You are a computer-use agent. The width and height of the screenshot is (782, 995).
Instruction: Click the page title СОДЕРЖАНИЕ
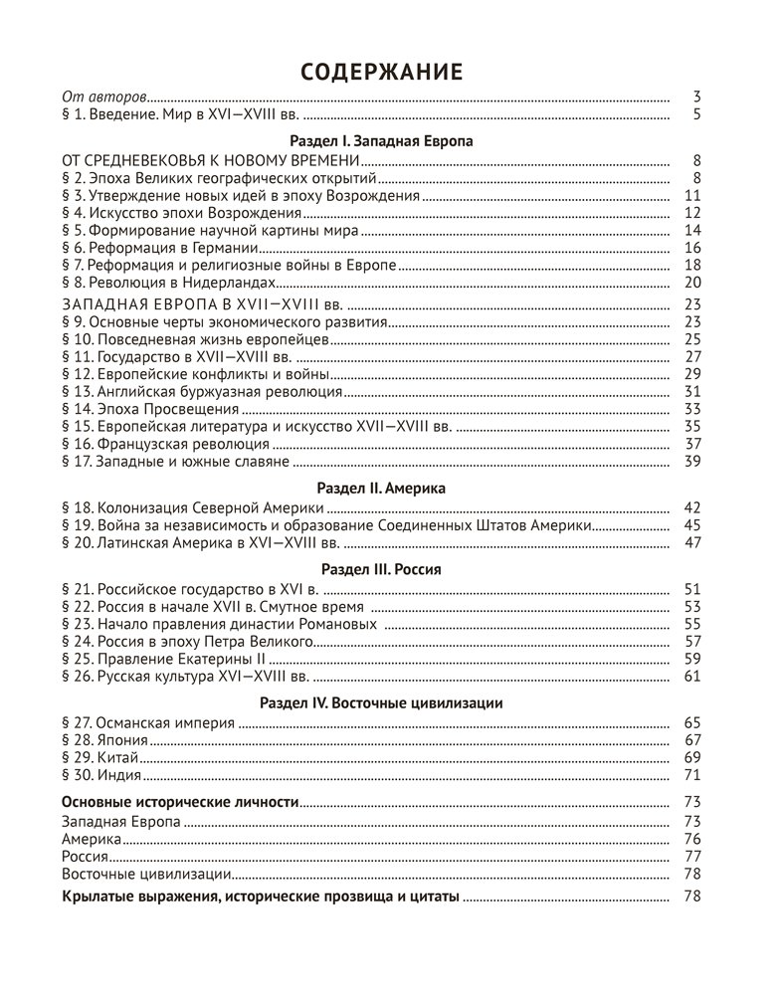click(382, 72)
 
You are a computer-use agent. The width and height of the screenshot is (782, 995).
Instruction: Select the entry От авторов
click(104, 98)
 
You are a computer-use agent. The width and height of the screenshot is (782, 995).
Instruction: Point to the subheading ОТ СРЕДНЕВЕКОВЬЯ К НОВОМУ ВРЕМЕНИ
click(209, 159)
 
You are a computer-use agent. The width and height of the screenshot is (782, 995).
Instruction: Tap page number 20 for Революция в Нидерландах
click(693, 283)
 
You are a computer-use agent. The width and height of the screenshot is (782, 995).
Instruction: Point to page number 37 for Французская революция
click(693, 444)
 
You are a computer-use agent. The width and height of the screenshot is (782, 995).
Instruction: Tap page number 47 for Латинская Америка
click(693, 542)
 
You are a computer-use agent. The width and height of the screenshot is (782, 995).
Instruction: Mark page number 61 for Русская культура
click(693, 677)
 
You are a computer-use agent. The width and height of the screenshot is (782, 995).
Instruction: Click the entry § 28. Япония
click(105, 740)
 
